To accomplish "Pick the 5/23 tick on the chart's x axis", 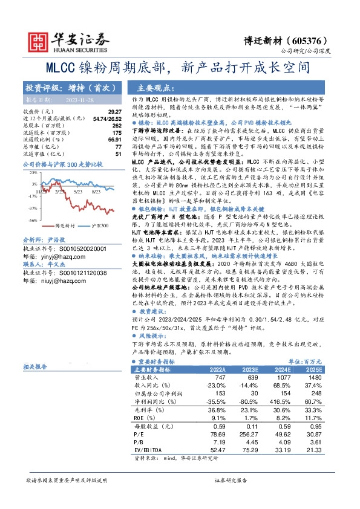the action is tap(78, 173).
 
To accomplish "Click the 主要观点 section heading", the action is tap(155, 87).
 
